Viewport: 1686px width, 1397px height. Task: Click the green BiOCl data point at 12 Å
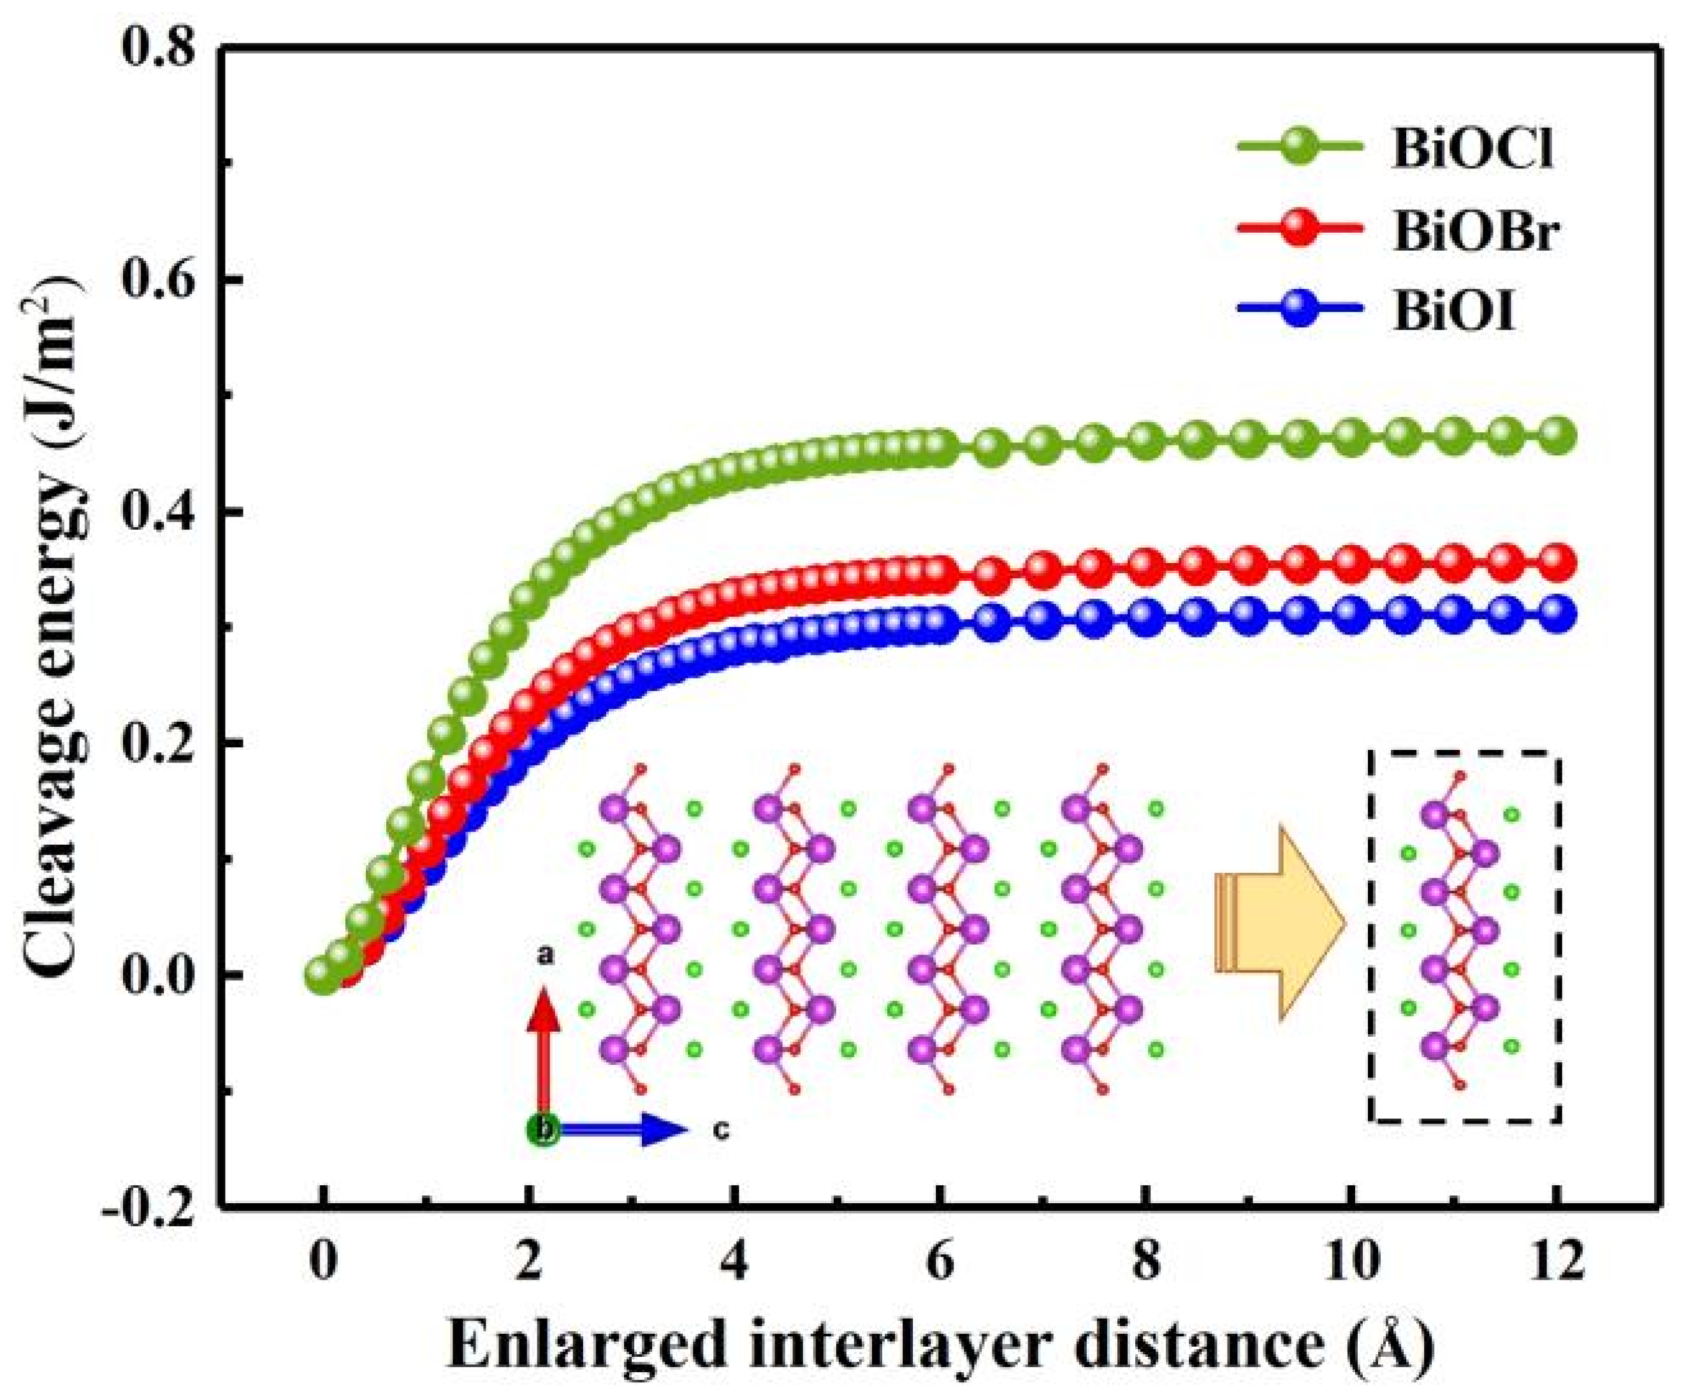[1557, 436]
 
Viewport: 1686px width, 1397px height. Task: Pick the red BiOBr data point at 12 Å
[1557, 562]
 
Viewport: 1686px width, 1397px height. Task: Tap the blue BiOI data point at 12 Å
[1557, 614]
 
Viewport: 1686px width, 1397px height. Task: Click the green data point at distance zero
[323, 975]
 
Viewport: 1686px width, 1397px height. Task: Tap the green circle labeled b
[544, 1130]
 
